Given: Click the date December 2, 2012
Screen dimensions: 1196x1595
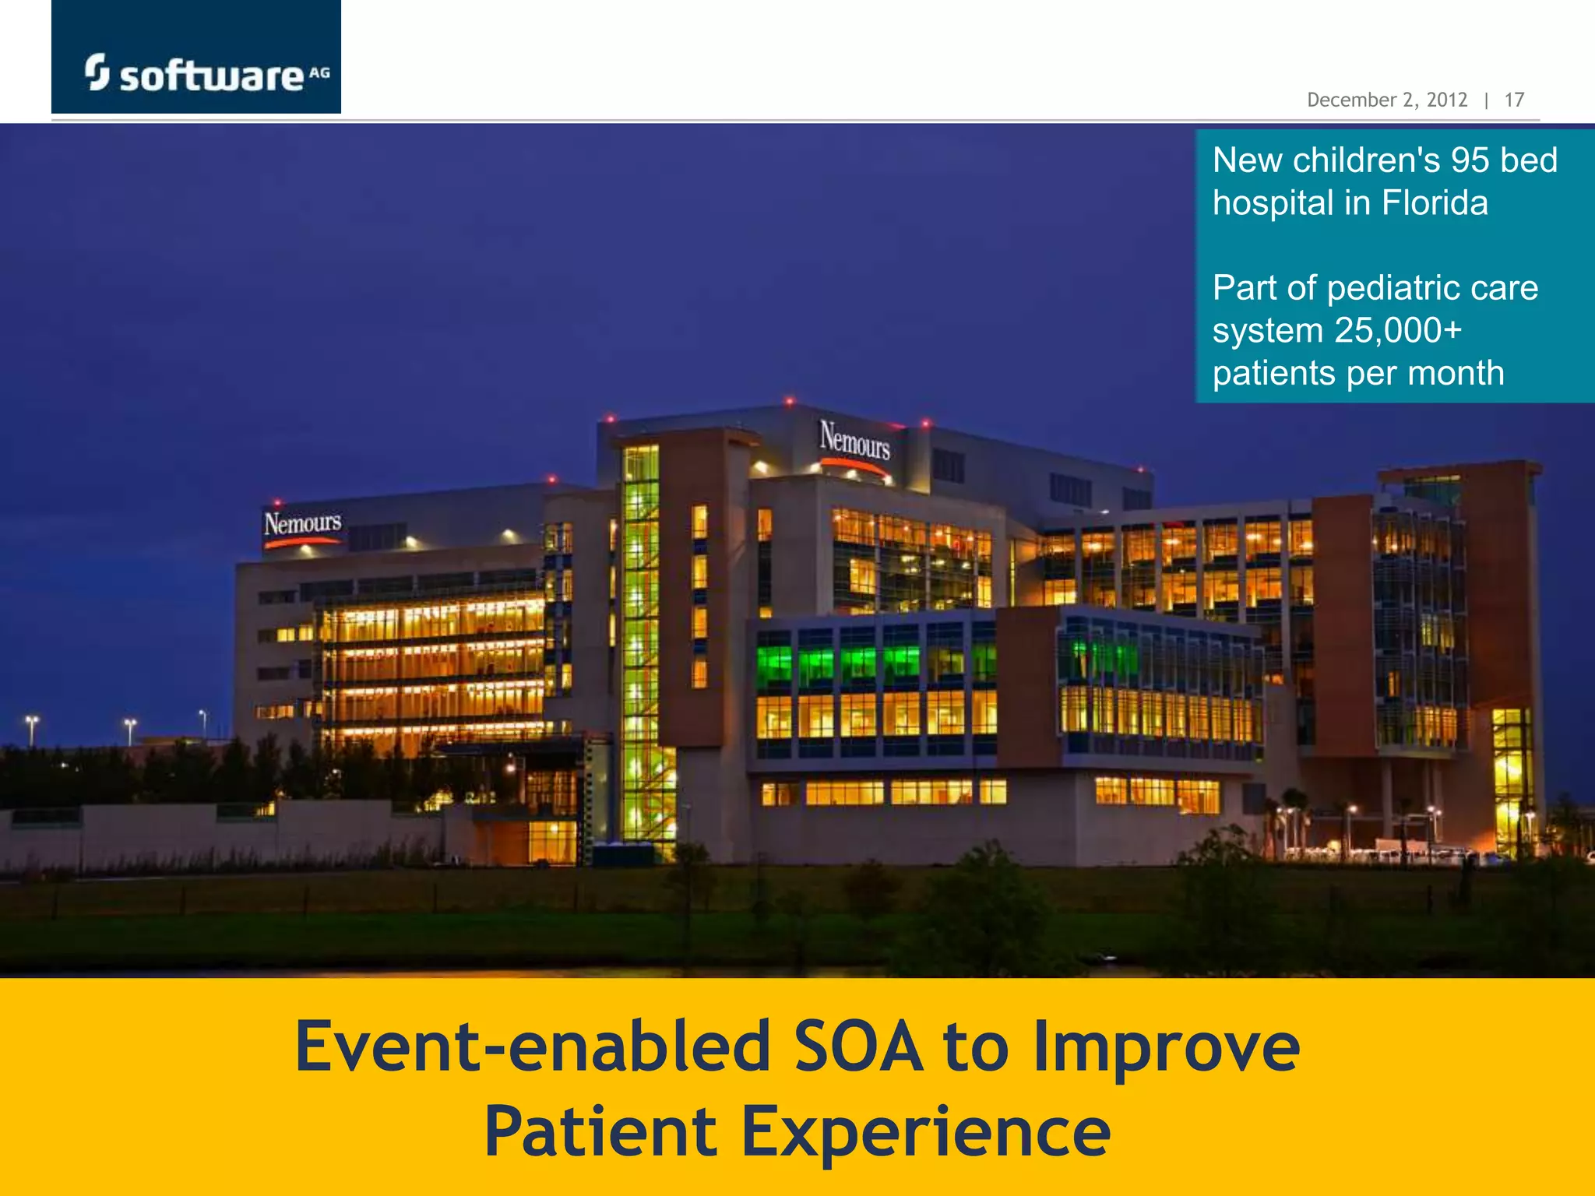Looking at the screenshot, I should click(x=1386, y=100).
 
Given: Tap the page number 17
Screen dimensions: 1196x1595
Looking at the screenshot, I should click(x=1514, y=100).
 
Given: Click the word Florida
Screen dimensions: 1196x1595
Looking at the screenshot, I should click(x=1435, y=203).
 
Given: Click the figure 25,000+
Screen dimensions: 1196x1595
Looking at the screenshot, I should click(x=1398, y=331).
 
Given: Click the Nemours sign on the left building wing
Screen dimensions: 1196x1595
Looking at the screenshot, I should click(x=302, y=524).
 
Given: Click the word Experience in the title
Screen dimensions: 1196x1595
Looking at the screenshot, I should click(x=925, y=1132).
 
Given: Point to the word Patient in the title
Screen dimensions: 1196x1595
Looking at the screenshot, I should click(x=600, y=1132).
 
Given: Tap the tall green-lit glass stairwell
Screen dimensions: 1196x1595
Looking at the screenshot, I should click(x=642, y=646).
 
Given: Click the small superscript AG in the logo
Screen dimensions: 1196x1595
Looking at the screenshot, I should click(x=319, y=72).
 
